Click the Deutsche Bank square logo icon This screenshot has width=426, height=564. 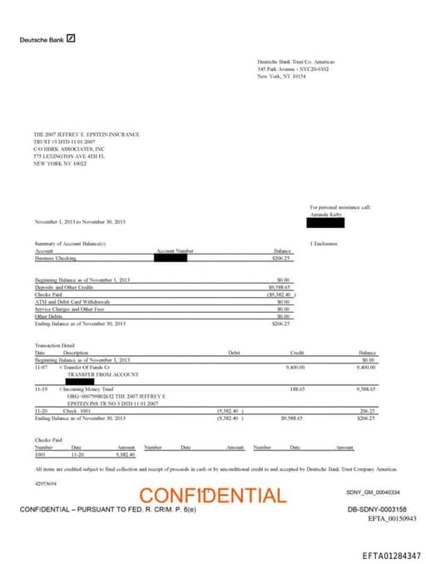click(x=72, y=39)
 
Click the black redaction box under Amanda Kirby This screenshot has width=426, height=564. click(x=325, y=200)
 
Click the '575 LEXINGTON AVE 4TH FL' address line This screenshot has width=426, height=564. click(x=70, y=156)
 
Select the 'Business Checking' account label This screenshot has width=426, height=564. click(x=55, y=258)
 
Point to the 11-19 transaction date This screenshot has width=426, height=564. click(x=40, y=388)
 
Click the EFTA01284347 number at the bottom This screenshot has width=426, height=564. click(x=392, y=554)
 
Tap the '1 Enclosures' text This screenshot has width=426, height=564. click(x=322, y=244)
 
